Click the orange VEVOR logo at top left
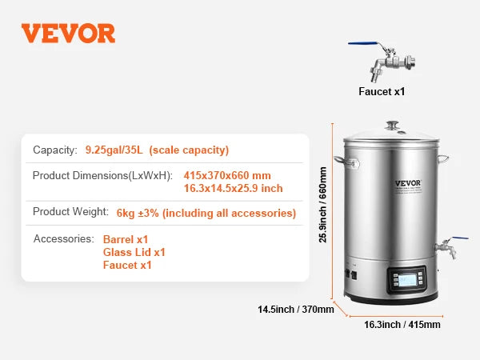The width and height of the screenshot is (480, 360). point(68,33)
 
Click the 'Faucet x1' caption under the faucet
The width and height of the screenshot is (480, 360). point(382,91)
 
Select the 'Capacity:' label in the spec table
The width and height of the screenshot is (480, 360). point(55,150)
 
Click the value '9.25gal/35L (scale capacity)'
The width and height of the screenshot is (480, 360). point(157,150)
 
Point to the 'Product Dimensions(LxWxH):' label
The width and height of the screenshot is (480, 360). point(102,175)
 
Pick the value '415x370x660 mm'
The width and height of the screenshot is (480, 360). point(227,175)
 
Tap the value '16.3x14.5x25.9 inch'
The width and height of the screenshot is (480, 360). point(233,188)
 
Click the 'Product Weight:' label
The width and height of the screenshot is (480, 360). point(70,212)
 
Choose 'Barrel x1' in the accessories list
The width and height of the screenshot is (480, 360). point(126,239)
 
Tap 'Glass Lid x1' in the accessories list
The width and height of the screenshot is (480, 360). point(134,252)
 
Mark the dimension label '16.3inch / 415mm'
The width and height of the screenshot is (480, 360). point(402,325)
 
